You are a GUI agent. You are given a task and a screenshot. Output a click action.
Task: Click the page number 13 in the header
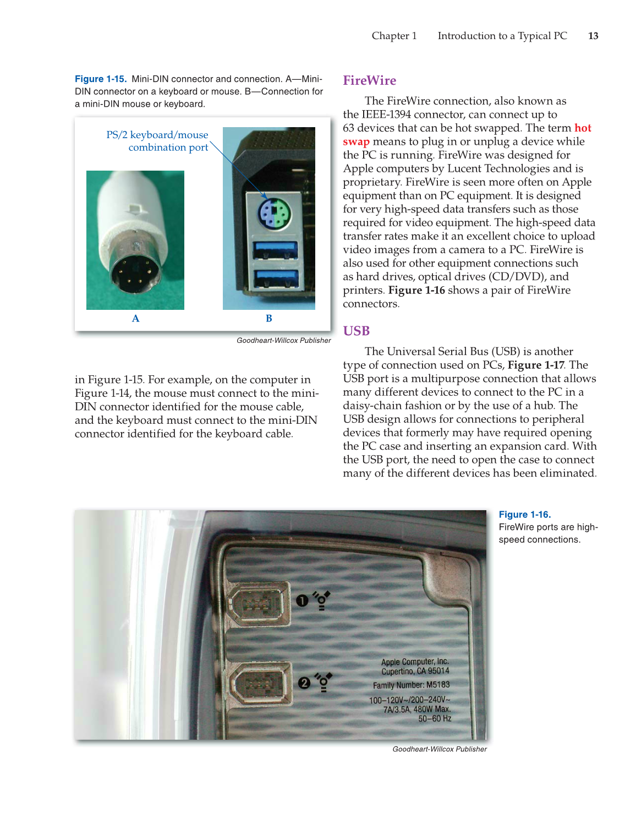[593, 36]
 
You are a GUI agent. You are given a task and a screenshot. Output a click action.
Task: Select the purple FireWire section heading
[369, 80]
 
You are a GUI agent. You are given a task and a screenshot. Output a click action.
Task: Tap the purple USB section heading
[356, 331]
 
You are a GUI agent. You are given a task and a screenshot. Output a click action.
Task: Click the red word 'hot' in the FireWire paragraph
[583, 128]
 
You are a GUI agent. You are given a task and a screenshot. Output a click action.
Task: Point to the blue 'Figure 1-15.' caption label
[101, 79]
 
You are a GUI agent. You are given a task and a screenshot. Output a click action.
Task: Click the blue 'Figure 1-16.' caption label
[524, 514]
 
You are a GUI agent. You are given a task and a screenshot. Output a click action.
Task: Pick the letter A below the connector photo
[135, 318]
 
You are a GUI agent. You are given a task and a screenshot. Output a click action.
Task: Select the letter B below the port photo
[268, 318]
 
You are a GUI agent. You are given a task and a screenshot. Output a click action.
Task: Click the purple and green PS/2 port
[275, 214]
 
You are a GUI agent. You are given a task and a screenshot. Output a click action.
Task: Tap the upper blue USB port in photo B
[275, 250]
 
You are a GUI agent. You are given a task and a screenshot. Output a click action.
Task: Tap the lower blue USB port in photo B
[276, 279]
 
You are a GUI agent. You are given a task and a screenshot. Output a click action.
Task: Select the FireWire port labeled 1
[258, 604]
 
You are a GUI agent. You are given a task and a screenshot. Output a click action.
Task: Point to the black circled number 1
[302, 600]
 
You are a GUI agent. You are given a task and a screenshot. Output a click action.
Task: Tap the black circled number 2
[304, 683]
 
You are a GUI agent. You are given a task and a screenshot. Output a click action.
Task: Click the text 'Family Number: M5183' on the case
[411, 685]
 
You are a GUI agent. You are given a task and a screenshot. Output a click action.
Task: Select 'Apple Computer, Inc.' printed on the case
[415, 662]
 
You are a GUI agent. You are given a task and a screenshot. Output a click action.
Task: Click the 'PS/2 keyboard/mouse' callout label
[157, 135]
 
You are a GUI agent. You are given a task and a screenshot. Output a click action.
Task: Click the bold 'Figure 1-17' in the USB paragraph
[535, 365]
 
